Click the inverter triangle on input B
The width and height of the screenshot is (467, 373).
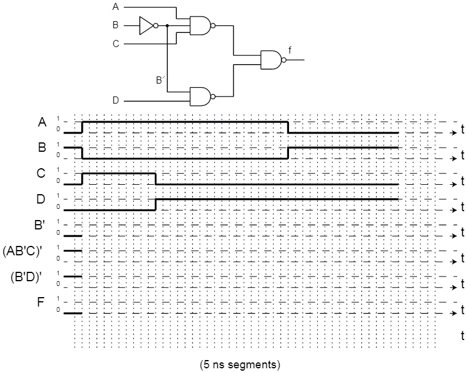[146, 26]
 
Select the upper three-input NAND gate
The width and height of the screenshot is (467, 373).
[200, 26]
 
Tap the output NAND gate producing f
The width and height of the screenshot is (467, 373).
[271, 59]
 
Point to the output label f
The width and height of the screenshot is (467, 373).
[290, 50]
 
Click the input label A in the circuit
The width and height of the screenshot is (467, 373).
[115, 8]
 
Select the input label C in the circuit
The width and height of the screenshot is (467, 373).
[115, 44]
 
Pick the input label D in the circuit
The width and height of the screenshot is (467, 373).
[115, 101]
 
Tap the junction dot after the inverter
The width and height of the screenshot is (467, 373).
[167, 26]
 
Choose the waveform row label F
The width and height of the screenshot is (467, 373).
[41, 303]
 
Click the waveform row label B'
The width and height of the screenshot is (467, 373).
[40, 225]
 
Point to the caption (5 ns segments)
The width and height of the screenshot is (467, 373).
[240, 364]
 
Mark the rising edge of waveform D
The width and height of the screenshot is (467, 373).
[155, 204]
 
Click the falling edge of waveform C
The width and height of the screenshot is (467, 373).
[155, 179]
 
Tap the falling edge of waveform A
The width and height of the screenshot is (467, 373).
[288, 127]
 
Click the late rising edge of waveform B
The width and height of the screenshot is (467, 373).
[288, 153]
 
